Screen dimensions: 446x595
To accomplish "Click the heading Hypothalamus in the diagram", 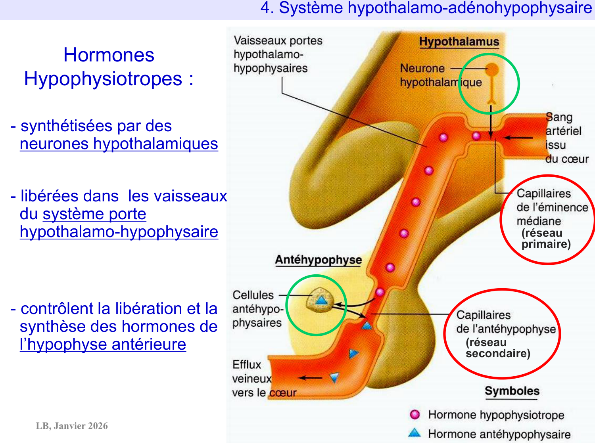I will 459,42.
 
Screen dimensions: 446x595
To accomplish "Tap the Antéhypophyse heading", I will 319,260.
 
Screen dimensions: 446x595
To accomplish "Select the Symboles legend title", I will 512,391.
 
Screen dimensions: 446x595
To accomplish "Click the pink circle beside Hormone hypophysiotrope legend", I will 415,415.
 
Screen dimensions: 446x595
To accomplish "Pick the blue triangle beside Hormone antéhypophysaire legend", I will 415,433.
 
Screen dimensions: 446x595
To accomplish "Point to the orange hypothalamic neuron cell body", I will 492,70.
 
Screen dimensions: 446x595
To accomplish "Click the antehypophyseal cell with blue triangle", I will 321,300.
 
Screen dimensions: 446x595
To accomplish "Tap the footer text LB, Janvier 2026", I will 72,426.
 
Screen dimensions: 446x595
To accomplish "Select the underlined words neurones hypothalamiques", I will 119,144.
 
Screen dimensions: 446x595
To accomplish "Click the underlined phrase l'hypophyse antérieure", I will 103,344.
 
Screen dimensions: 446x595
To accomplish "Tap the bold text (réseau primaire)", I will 545,238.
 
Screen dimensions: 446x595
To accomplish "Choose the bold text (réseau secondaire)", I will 497,348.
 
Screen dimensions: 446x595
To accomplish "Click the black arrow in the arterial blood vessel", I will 518,138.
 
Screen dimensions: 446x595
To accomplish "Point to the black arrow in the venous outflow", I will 310,378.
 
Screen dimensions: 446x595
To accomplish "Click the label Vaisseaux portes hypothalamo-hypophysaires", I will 278,54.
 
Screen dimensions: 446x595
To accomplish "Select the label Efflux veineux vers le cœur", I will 264,379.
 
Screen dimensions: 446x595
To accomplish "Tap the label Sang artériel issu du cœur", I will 566,138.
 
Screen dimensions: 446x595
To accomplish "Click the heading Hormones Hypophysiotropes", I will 109,67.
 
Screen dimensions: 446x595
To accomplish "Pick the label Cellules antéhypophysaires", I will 257,309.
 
